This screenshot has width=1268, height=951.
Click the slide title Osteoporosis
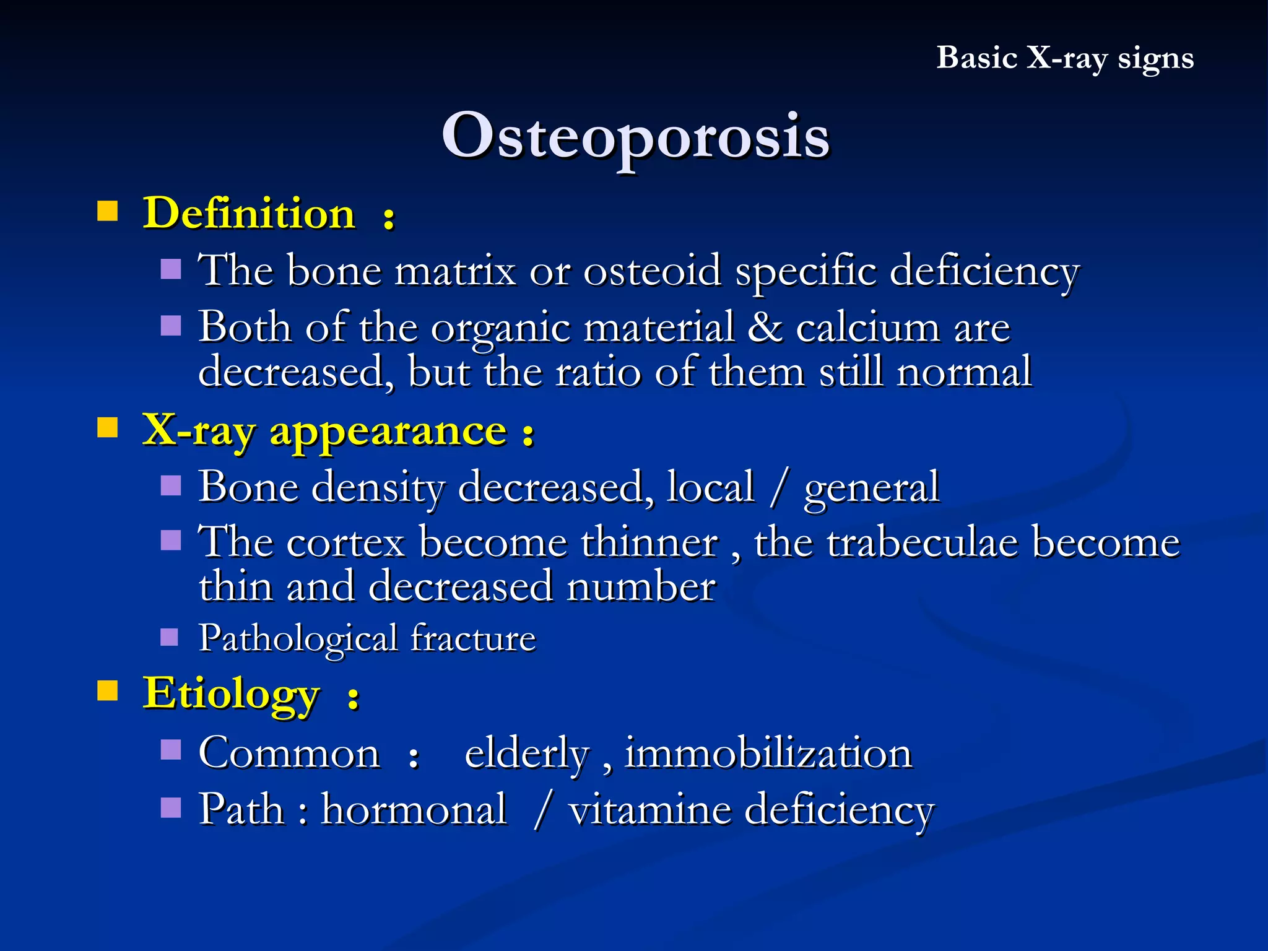coord(635,136)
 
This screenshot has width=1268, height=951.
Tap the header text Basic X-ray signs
coord(1064,58)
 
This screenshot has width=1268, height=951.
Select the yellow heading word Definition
coord(249,213)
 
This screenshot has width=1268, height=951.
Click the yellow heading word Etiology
coord(232,693)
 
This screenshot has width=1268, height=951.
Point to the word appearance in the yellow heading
coord(388,432)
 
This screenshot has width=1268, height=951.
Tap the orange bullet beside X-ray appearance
coord(108,427)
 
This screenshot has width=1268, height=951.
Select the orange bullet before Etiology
coord(108,690)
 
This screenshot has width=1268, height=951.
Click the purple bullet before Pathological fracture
coord(170,637)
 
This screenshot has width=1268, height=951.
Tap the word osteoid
coord(653,271)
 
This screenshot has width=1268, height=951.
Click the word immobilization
coord(768,753)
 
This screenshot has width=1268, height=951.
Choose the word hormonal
coord(414,809)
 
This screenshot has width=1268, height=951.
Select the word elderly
coord(527,755)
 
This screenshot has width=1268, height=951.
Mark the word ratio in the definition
coord(597,373)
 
